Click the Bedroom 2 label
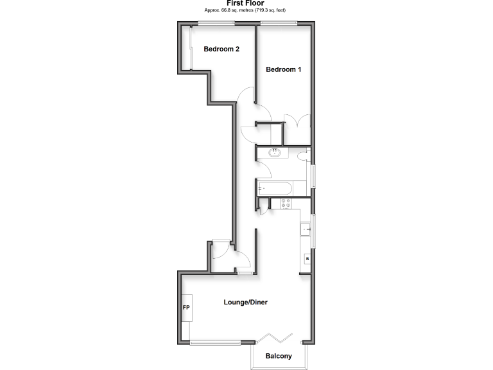tap(221, 49)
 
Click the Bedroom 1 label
tap(283, 69)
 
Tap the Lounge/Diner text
tap(245, 302)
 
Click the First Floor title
tap(245, 3)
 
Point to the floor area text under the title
tap(245, 11)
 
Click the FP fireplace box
tap(187, 308)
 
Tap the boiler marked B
tap(307, 259)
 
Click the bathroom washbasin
tap(275, 153)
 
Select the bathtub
tap(275, 188)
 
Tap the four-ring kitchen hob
tap(285, 204)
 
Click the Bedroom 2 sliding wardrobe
tap(190, 48)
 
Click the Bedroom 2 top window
tap(216, 24)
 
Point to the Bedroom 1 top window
tap(278, 24)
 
